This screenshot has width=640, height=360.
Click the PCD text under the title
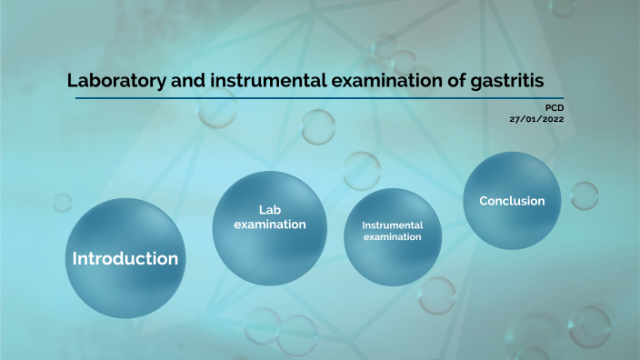click(x=553, y=107)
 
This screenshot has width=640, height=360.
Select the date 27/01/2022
click(x=536, y=118)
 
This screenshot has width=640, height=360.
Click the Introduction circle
click(x=125, y=258)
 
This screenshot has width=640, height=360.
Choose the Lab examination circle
click(x=269, y=216)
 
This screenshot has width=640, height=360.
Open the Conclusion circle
click(x=512, y=201)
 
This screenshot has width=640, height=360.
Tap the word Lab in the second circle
click(x=270, y=209)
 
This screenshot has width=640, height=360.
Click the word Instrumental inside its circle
click(x=392, y=225)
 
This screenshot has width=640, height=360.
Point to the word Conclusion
click(x=512, y=201)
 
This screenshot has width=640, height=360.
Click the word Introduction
click(x=125, y=258)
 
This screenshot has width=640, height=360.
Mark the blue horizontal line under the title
click(x=315, y=98)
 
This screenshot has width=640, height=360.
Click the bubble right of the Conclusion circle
click(x=584, y=195)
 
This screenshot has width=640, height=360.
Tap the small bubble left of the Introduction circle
click(x=62, y=202)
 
